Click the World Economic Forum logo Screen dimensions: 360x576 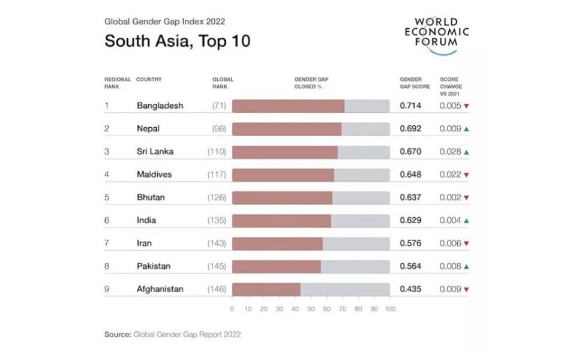pos(436,34)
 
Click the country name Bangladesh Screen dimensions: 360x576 pos(160,106)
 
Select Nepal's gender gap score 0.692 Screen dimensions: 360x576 pos(410,128)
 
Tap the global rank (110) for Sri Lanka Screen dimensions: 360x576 pos(216,151)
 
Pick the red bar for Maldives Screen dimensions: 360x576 pos(283,175)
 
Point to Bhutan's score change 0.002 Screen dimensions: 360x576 pos(450,197)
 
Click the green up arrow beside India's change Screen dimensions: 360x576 pos(466,221)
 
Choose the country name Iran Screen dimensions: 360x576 pos(144,243)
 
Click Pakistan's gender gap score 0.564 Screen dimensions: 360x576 pos(410,266)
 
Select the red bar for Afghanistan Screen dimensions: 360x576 pos(266,289)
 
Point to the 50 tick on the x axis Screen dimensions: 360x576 pos(311,309)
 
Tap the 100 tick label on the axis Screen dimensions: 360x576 pos(390,309)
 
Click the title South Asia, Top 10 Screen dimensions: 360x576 pos(177,41)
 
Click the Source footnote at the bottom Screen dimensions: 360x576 pos(173,334)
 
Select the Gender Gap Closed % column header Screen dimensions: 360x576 pos(311,82)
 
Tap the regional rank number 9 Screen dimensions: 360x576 pos(107,289)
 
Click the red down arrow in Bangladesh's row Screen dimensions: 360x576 pos(466,106)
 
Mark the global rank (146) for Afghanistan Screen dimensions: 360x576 pos(216,289)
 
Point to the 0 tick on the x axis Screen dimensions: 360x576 pos(232,309)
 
